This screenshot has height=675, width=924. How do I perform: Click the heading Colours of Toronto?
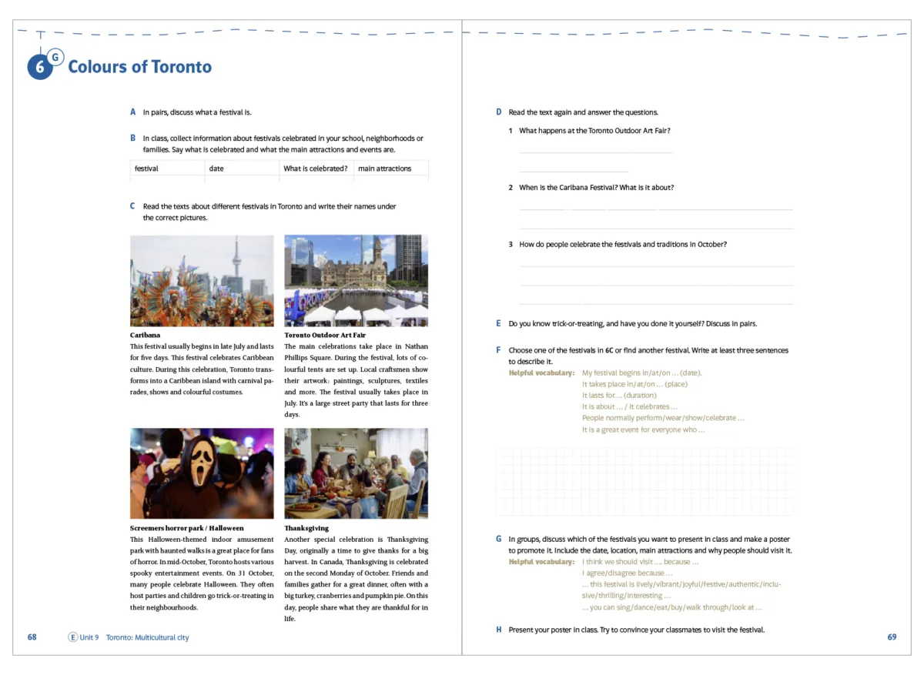tap(139, 67)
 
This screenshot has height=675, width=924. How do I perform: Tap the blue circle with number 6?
tap(39, 68)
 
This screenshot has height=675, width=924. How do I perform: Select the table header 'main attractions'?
tap(384, 169)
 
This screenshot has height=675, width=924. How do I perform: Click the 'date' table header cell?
tap(216, 169)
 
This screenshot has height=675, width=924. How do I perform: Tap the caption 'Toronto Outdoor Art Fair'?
tap(324, 336)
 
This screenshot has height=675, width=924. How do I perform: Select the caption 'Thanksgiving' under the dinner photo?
tap(306, 528)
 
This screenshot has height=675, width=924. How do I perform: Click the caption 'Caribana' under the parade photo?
tap(146, 336)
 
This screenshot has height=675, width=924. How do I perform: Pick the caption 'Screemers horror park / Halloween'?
tap(186, 528)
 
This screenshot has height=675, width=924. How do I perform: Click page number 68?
tap(32, 637)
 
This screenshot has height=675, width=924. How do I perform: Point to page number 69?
tap(892, 637)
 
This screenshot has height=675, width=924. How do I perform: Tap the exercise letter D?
tap(499, 112)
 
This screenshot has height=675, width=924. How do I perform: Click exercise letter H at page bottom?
tap(499, 630)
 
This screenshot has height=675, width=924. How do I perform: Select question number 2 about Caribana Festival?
tap(511, 188)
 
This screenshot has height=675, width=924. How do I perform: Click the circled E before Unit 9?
tap(73, 637)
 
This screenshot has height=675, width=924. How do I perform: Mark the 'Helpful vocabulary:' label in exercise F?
tap(541, 373)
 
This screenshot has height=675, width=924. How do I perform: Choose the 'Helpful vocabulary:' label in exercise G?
tap(541, 562)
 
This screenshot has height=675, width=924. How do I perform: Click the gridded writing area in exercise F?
tap(644, 482)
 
